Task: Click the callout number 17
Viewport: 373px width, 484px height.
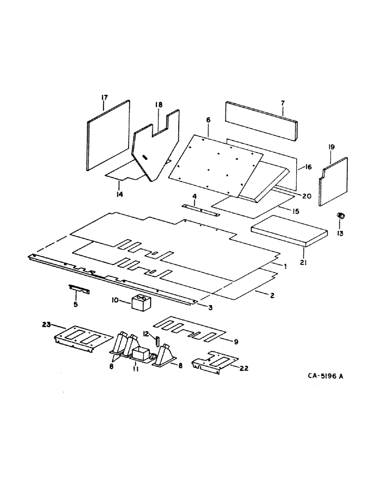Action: coord(103,98)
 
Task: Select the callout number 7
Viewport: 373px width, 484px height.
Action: coord(283,103)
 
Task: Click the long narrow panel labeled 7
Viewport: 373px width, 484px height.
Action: coord(263,119)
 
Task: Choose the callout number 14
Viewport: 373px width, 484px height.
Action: coord(119,194)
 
